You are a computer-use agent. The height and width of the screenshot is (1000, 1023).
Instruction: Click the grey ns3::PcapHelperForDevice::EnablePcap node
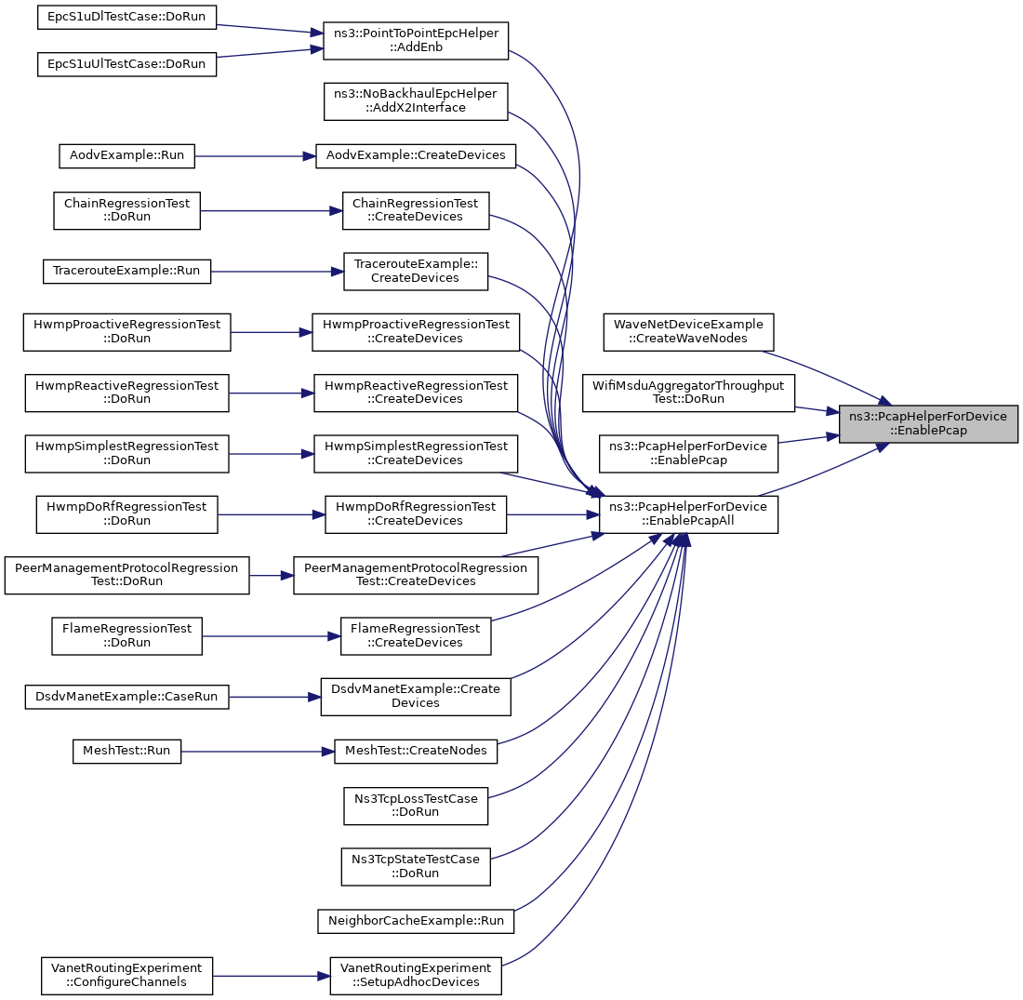pyautogui.click(x=928, y=423)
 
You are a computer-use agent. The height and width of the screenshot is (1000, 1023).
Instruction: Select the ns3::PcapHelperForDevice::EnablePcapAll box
pyautogui.click(x=688, y=514)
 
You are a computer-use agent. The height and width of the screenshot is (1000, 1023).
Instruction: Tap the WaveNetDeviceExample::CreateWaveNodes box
pyautogui.click(x=688, y=332)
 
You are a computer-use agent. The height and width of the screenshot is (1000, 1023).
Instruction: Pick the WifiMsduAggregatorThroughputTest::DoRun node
pyautogui.click(x=688, y=393)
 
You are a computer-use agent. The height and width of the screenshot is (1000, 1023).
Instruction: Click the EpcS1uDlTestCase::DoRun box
pyautogui.click(x=126, y=17)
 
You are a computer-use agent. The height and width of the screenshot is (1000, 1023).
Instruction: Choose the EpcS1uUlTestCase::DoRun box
pyautogui.click(x=126, y=64)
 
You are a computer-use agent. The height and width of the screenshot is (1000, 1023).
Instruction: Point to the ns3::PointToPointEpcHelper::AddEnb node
pyautogui.click(x=416, y=41)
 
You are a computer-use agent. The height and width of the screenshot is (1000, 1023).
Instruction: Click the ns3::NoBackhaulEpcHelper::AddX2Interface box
pyautogui.click(x=416, y=101)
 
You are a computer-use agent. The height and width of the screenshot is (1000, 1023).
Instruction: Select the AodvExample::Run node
pyautogui.click(x=126, y=156)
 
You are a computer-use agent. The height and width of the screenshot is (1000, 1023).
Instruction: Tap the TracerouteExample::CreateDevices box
pyautogui.click(x=416, y=272)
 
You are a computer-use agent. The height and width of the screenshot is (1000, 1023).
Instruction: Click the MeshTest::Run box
pyautogui.click(x=126, y=752)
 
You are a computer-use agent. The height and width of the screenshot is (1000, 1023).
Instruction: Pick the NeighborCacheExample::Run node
pyautogui.click(x=416, y=921)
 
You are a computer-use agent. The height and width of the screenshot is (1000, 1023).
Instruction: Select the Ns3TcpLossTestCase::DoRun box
pyautogui.click(x=416, y=806)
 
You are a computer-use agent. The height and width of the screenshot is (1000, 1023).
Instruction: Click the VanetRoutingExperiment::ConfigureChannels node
pyautogui.click(x=126, y=976)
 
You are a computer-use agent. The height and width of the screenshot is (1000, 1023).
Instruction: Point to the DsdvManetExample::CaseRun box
pyautogui.click(x=126, y=697)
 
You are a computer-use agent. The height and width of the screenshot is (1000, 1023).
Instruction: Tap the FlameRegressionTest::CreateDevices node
pyautogui.click(x=416, y=636)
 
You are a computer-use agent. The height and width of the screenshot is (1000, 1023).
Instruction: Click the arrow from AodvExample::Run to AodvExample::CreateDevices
pyautogui.click(x=255, y=156)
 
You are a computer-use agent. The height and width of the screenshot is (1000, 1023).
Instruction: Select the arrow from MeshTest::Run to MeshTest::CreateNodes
pyautogui.click(x=258, y=752)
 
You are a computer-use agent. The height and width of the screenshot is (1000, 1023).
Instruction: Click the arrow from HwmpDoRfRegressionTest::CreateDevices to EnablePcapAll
pyautogui.click(x=552, y=515)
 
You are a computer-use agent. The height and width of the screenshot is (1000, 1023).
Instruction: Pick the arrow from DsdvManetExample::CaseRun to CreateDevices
pyautogui.click(x=274, y=697)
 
